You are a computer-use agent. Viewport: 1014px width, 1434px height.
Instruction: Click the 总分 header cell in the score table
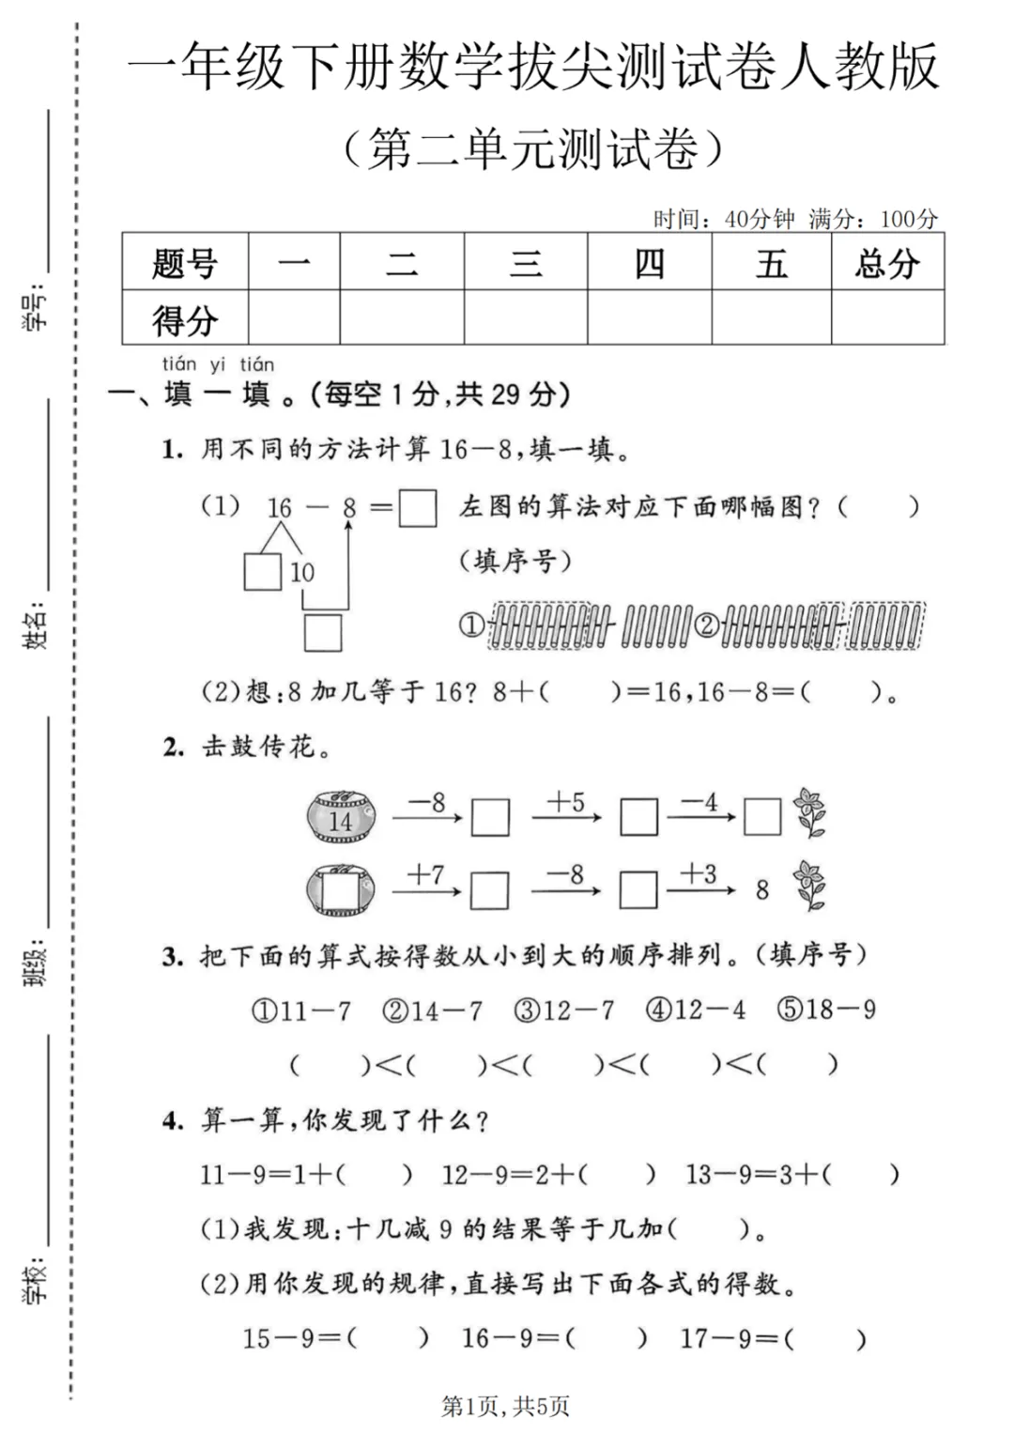[x=887, y=263]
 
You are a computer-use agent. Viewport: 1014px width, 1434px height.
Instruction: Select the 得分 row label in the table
[x=185, y=319]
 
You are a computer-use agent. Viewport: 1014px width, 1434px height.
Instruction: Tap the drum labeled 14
[x=342, y=816]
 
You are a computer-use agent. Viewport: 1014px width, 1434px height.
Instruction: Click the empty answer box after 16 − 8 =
[x=417, y=508]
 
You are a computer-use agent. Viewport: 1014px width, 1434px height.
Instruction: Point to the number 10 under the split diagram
[x=301, y=572]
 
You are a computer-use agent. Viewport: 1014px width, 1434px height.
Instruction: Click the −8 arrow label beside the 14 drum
[x=426, y=804]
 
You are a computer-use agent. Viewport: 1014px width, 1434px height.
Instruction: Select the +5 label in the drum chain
[x=565, y=803]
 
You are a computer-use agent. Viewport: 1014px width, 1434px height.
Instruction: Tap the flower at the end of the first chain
[x=809, y=812]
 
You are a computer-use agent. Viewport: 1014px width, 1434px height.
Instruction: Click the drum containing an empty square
[x=340, y=889]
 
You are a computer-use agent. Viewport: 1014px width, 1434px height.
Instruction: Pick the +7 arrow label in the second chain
[x=425, y=875]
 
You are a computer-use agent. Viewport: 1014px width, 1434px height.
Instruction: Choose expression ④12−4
[x=696, y=1010]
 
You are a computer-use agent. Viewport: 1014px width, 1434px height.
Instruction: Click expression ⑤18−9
[x=826, y=1010]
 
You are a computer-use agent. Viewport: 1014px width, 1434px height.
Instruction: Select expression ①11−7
[x=301, y=1011]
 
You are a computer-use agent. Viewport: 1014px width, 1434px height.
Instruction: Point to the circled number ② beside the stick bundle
[x=707, y=624]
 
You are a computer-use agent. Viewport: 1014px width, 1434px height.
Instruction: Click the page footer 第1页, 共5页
[x=505, y=1406]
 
